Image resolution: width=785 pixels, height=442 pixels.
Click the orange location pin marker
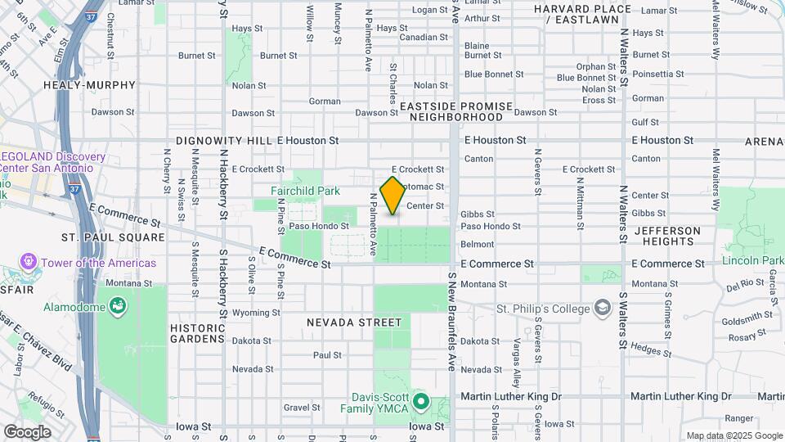[x=392, y=195]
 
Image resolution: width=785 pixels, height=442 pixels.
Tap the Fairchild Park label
[x=305, y=191]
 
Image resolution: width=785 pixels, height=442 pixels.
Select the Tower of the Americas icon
[x=29, y=263]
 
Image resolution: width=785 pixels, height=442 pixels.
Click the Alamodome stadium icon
[x=119, y=307]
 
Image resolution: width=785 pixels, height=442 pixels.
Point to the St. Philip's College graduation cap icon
[x=603, y=309]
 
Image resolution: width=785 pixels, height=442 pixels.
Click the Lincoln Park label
[x=752, y=261]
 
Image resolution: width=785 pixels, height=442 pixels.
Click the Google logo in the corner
[x=27, y=431]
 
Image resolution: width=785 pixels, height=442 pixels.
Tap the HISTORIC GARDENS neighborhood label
[x=197, y=332]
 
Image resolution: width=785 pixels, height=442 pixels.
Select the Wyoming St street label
[x=255, y=313]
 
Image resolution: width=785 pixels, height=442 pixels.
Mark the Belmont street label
[x=477, y=244]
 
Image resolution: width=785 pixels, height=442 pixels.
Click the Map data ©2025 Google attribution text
[x=733, y=435]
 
